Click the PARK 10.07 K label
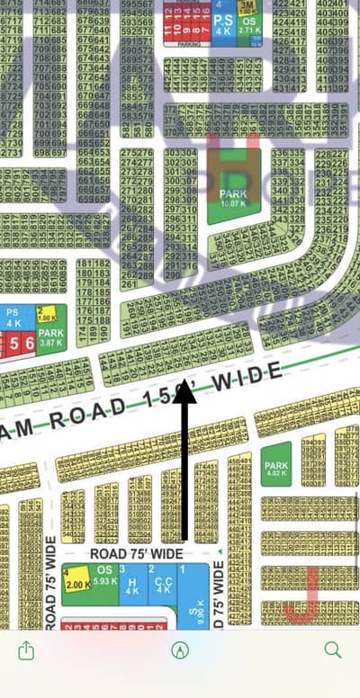(x=234, y=198)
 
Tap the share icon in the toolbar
(x=26, y=649)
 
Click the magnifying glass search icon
(x=332, y=649)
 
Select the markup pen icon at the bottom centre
(x=179, y=649)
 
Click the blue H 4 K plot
(x=132, y=585)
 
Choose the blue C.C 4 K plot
(x=163, y=585)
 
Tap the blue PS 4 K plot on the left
(x=13, y=318)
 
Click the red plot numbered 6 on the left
(x=29, y=343)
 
